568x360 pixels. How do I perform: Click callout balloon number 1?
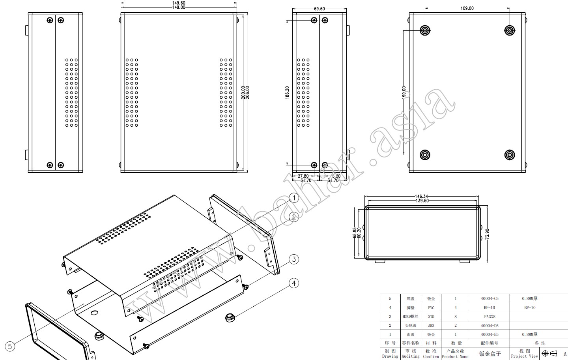pyautogui.click(x=294, y=198)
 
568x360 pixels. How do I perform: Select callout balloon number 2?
pyautogui.click(x=294, y=217)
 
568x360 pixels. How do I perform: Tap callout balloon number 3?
pyautogui.click(x=294, y=259)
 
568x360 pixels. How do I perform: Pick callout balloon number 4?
pyautogui.click(x=294, y=283)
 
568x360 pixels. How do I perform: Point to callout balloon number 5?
pyautogui.click(x=10, y=346)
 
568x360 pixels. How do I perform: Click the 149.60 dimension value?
pyautogui.click(x=179, y=3)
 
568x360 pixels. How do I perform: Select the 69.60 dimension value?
pyautogui.click(x=319, y=9)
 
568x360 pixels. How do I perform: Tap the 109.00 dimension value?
pyautogui.click(x=467, y=8)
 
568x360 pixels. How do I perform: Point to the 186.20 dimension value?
pyautogui.click(x=287, y=93)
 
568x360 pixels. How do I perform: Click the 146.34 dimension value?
pyautogui.click(x=422, y=196)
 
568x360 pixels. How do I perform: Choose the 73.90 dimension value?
pyautogui.click(x=487, y=234)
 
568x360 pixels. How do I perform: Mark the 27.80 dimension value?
pyautogui.click(x=303, y=176)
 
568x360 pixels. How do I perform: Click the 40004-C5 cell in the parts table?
pyautogui.click(x=490, y=299)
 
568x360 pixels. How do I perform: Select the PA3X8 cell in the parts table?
pyautogui.click(x=490, y=317)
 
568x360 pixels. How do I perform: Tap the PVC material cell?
pyautogui.click(x=431, y=307)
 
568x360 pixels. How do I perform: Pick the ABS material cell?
pyautogui.click(x=431, y=326)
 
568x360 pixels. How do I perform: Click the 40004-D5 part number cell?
pyautogui.click(x=490, y=326)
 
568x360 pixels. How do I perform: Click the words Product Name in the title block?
pyautogui.click(x=455, y=356)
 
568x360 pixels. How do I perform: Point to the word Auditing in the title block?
pyautogui.click(x=410, y=356)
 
